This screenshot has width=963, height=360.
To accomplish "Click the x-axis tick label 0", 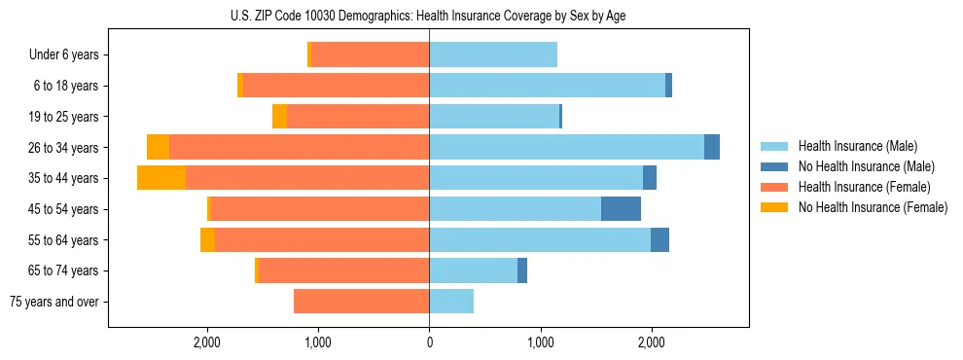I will click(x=429, y=342).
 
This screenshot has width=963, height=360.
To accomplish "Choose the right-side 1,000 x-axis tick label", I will click(x=541, y=342).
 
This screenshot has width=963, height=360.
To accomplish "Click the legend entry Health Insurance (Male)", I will click(x=857, y=146).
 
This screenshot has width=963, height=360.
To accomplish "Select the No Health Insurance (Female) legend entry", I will click(x=873, y=207).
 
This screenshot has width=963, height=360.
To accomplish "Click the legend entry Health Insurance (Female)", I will click(x=864, y=187).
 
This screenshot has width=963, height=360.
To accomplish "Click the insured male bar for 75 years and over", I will click(x=451, y=302).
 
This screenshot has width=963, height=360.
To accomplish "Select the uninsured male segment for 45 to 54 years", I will click(x=621, y=209).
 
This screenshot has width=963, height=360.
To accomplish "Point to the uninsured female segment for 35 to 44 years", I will click(x=161, y=178).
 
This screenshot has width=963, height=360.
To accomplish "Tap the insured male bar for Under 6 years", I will click(x=493, y=55).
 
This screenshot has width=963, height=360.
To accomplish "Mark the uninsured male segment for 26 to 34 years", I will click(x=712, y=148).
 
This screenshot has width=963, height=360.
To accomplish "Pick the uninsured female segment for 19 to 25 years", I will click(x=279, y=117).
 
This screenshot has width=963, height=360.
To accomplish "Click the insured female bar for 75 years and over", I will click(x=361, y=302).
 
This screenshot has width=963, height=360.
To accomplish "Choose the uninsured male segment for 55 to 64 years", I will click(x=660, y=240).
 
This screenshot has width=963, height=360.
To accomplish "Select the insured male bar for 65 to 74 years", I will click(x=473, y=270).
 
